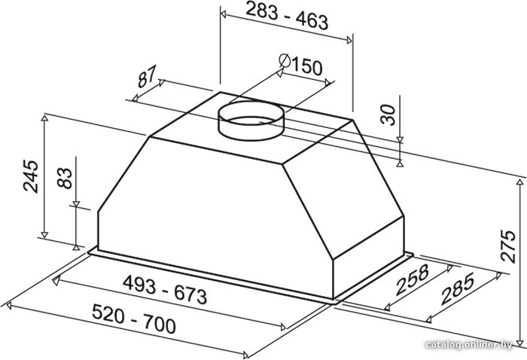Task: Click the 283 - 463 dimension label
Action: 287,16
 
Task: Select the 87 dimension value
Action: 147,76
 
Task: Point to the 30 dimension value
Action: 388,115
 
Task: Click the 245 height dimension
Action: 31,176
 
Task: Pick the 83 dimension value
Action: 65,178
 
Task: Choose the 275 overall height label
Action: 507,246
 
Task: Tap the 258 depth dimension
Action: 413,279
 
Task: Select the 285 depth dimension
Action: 458,288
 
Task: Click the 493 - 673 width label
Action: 165,289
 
